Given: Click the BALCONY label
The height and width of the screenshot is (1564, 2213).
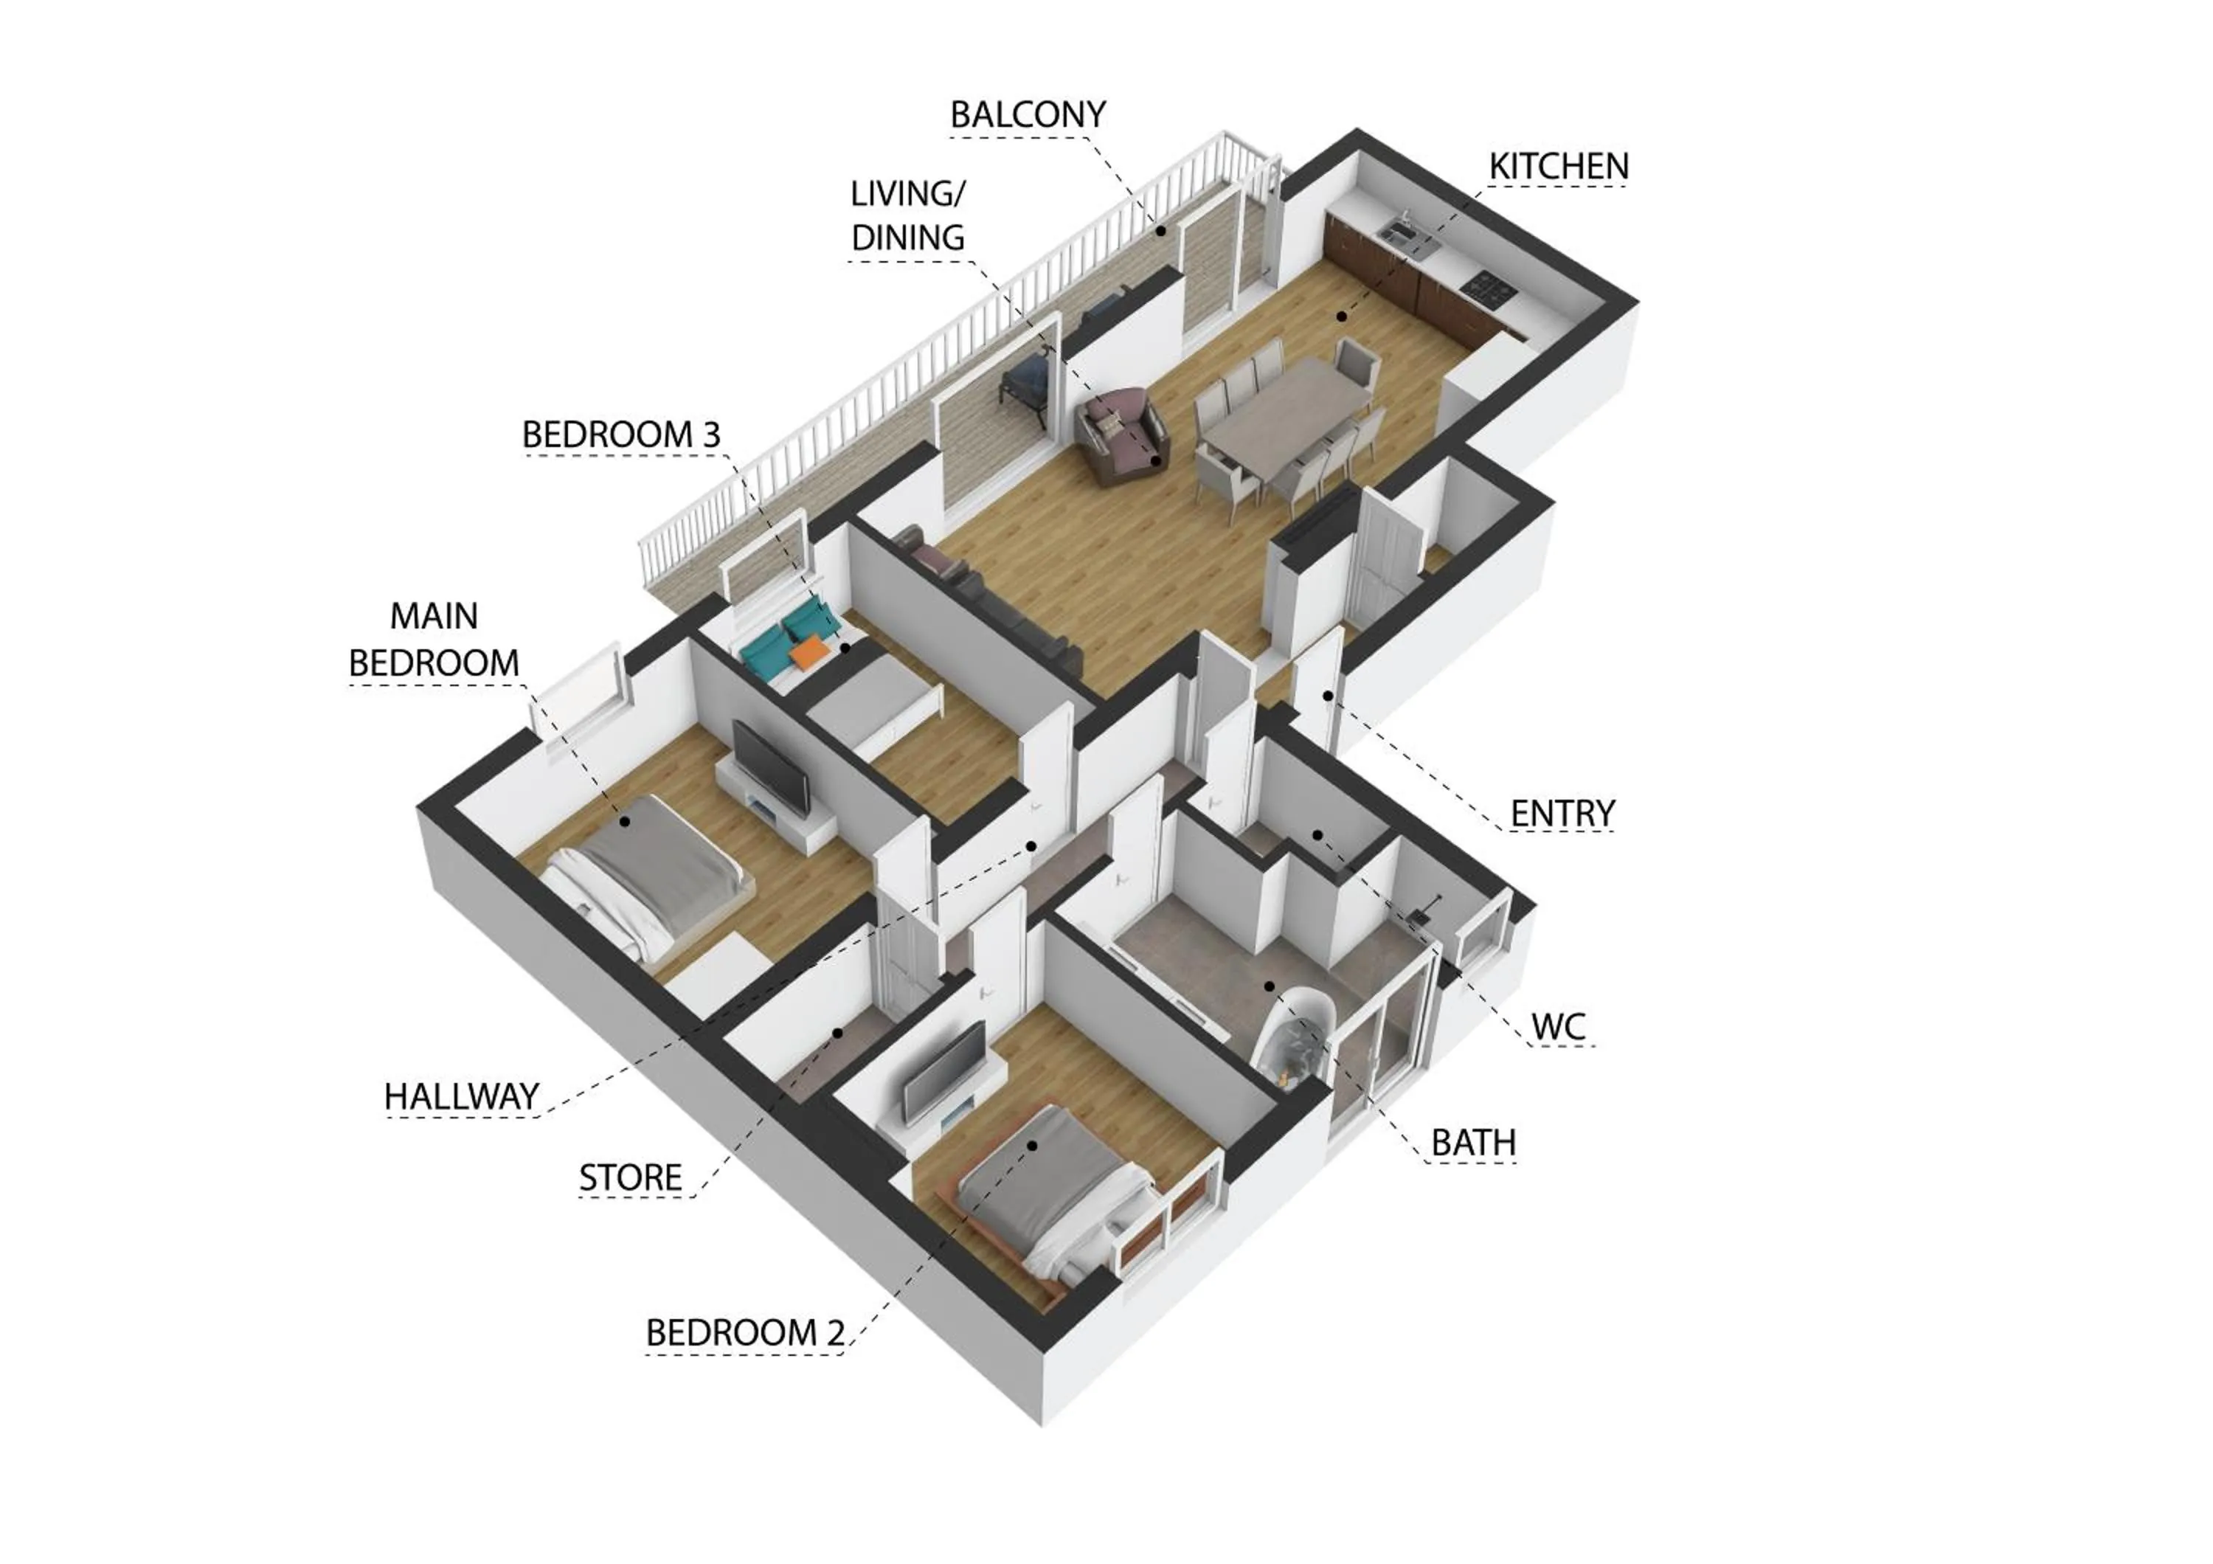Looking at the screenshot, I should (1028, 114).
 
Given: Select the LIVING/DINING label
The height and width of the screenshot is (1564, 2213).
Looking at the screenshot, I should (908, 216).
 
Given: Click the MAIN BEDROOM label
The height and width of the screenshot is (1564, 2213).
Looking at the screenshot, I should (434, 639).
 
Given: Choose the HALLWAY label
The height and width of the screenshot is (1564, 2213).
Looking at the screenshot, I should (461, 1096).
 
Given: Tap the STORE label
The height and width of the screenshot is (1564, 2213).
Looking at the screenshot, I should (631, 1177).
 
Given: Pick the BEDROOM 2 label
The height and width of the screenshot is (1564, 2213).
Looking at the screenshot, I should (744, 1334).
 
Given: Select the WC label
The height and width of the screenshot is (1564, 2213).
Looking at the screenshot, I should (1559, 1027).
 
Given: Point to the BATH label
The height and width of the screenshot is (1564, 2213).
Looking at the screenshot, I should (1473, 1143).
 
